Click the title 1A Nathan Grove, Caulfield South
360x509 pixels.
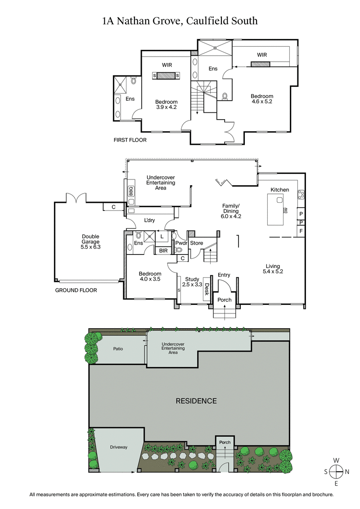180,21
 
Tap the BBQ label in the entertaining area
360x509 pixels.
131,190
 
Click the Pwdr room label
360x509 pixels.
181,243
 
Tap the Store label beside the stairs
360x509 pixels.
197,243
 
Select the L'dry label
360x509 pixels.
150,221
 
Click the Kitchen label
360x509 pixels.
279,190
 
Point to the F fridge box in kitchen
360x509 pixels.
301,232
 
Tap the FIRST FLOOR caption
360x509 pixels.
130,140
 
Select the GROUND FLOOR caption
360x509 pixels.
76,290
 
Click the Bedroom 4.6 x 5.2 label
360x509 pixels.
262,99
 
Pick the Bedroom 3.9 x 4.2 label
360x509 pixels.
166,104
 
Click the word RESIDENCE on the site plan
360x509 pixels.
196,401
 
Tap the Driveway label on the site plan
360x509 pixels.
119,447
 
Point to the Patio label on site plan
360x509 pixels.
118,348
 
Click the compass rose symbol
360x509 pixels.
336,472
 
